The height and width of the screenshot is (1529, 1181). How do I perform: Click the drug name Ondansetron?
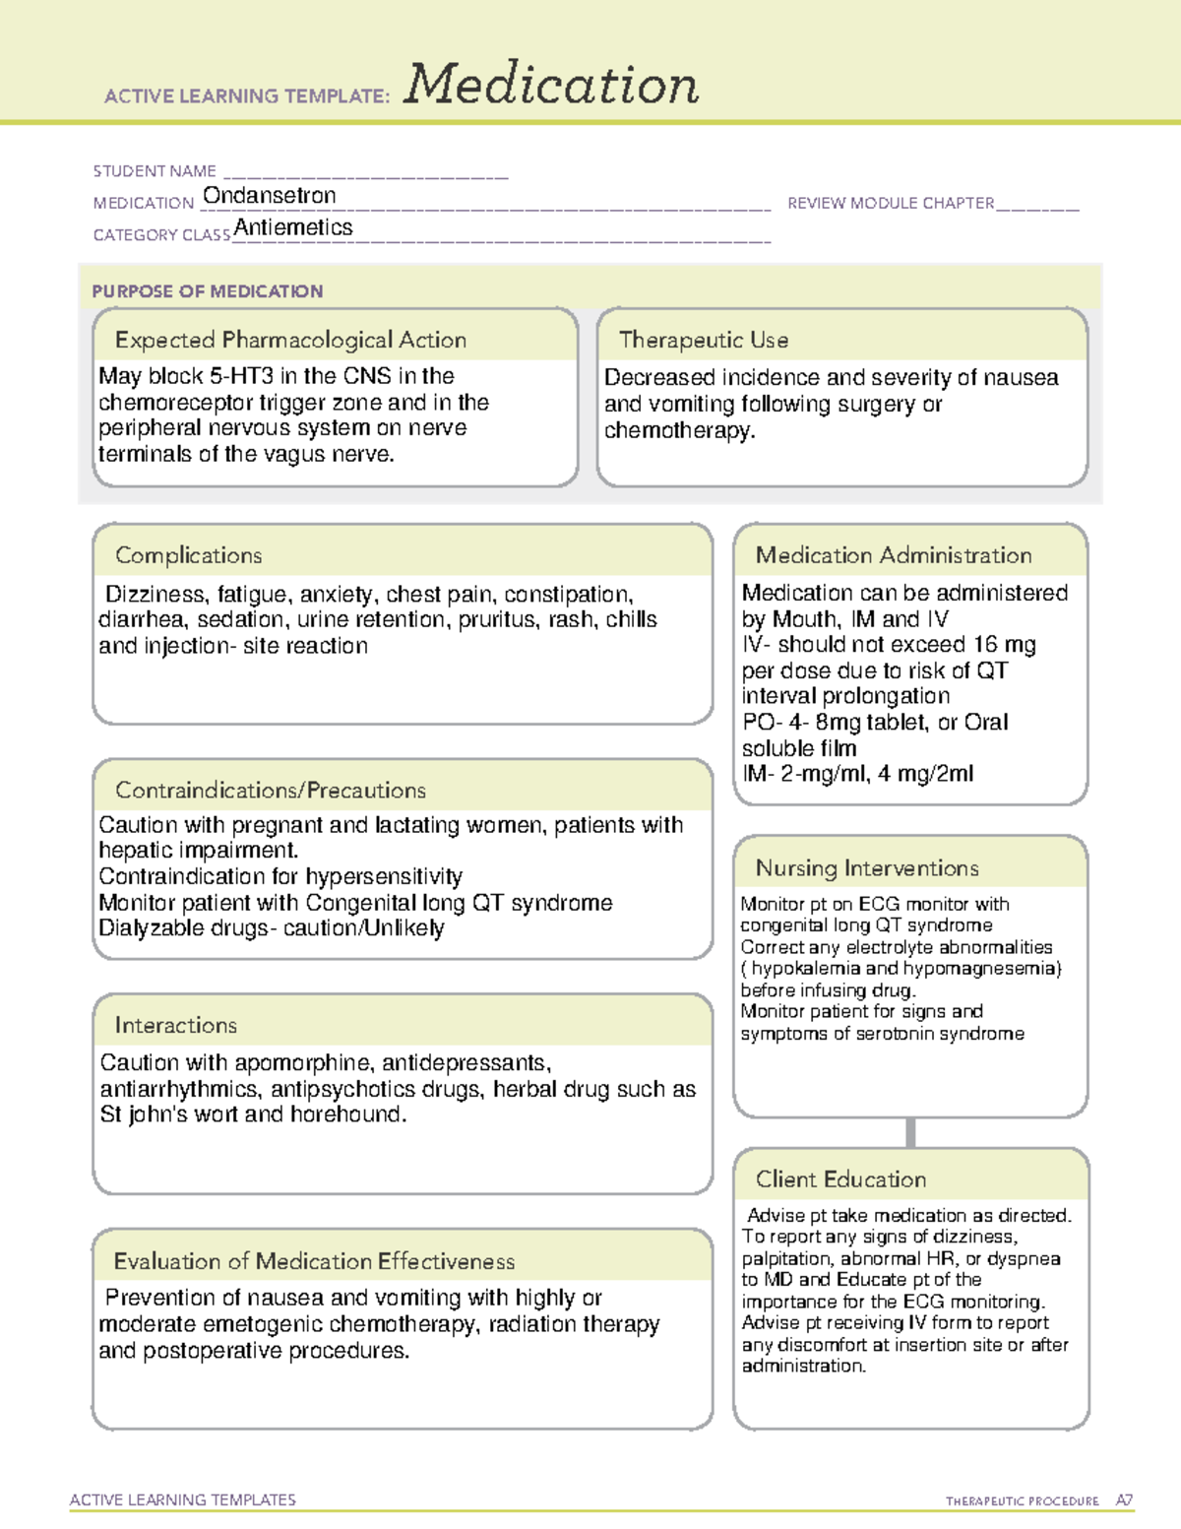point(269,196)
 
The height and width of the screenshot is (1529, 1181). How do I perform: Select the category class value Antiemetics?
point(293,227)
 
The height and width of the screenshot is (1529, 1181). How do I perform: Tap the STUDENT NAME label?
point(155,171)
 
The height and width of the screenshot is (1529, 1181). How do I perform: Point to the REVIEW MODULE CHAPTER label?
point(891,203)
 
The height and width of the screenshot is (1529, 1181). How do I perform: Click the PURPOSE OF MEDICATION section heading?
point(208,291)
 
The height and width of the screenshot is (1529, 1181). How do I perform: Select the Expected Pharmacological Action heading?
point(290,340)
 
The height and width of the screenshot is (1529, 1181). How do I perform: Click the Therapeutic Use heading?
point(704,340)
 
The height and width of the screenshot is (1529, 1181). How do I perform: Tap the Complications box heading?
point(189,555)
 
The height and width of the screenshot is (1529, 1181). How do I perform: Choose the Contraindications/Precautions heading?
point(271,790)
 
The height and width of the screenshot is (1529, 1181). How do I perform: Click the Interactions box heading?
point(176,1025)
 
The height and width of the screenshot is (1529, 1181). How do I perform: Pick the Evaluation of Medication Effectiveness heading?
point(314,1261)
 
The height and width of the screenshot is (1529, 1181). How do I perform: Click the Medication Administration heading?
point(894,555)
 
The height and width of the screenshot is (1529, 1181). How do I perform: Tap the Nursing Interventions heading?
point(867,867)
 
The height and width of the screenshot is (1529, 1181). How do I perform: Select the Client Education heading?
point(840,1179)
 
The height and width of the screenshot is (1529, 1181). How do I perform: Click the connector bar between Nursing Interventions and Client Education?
point(910,1132)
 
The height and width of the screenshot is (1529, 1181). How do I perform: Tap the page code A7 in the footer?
point(1123,1500)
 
